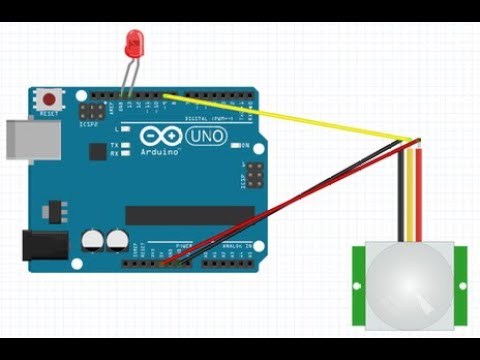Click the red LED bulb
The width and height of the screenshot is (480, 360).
(x=133, y=44)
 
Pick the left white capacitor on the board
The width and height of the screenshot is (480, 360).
(x=93, y=240)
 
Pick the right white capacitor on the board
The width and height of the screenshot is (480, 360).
(x=117, y=240)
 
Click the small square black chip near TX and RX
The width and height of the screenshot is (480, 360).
(x=97, y=151)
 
